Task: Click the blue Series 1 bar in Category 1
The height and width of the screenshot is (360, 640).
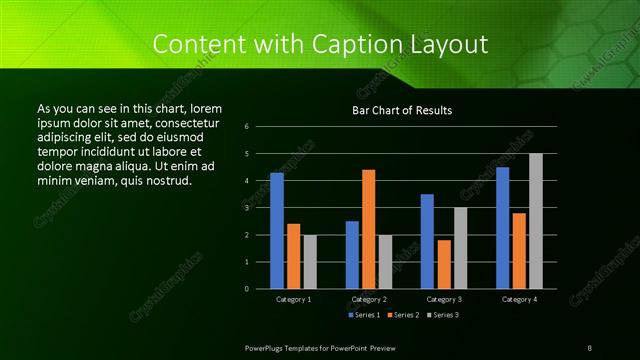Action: tap(277, 230)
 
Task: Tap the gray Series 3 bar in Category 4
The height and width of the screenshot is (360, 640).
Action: tap(536, 221)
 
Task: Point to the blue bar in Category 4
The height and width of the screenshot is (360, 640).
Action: tap(502, 227)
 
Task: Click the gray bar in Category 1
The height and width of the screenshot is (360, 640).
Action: tap(310, 261)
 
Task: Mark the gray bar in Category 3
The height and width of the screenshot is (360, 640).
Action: tap(460, 248)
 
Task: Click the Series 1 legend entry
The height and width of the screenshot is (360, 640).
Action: tap(362, 315)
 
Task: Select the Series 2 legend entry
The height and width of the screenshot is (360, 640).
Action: tap(402, 315)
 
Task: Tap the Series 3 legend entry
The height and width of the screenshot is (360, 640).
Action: tap(442, 315)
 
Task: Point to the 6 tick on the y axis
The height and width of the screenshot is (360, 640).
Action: tap(260, 127)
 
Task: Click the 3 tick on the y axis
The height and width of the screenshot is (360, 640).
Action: tap(260, 208)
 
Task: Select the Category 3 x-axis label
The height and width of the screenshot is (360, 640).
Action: tap(444, 299)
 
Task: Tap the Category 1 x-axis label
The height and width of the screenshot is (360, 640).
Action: tap(293, 299)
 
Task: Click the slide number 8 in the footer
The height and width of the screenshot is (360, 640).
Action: tap(590, 347)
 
